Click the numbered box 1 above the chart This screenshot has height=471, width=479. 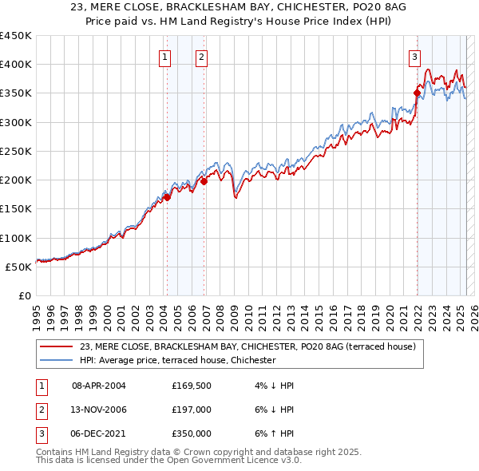coord(164,57)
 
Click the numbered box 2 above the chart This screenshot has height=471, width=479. coord(202,57)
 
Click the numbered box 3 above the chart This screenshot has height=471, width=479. coord(415,57)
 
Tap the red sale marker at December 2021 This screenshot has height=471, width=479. coord(417,93)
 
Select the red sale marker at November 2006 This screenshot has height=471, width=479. coord(204,181)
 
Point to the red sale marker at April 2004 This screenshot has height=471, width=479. coord(166,197)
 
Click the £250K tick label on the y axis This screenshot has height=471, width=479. coord(15,151)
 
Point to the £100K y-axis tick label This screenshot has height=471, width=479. coord(15,238)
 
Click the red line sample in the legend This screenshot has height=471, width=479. coord(56,347)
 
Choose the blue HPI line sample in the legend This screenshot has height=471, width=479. coord(56,361)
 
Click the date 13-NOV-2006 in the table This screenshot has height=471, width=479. coord(99,410)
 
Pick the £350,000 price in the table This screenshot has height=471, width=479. coord(191,433)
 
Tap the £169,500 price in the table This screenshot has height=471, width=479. coord(191,386)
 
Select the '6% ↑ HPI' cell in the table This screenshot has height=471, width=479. coord(273,433)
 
